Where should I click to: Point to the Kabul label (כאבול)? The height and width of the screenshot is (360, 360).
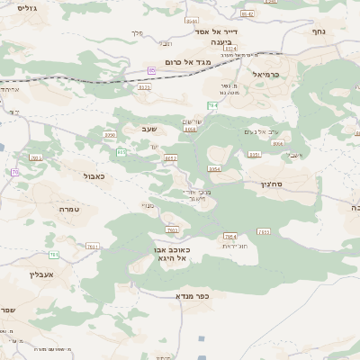[94, 176]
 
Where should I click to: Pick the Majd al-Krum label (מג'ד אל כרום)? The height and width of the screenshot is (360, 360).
[186, 62]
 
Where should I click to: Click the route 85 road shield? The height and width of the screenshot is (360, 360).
[152, 68]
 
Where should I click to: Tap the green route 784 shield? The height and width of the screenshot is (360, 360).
[212, 105]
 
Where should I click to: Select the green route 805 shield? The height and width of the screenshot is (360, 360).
[121, 152]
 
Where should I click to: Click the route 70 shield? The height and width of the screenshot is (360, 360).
[14, 171]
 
